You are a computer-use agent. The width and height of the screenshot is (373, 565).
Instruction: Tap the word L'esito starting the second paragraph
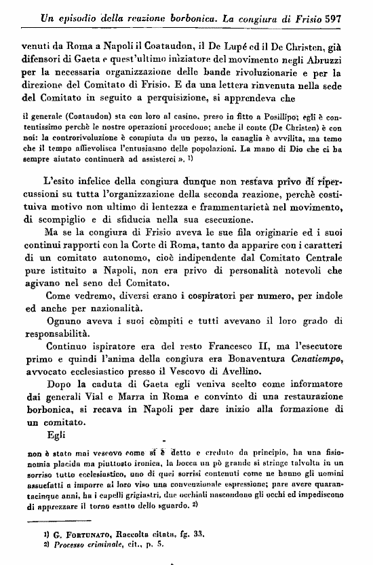point(62,181)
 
